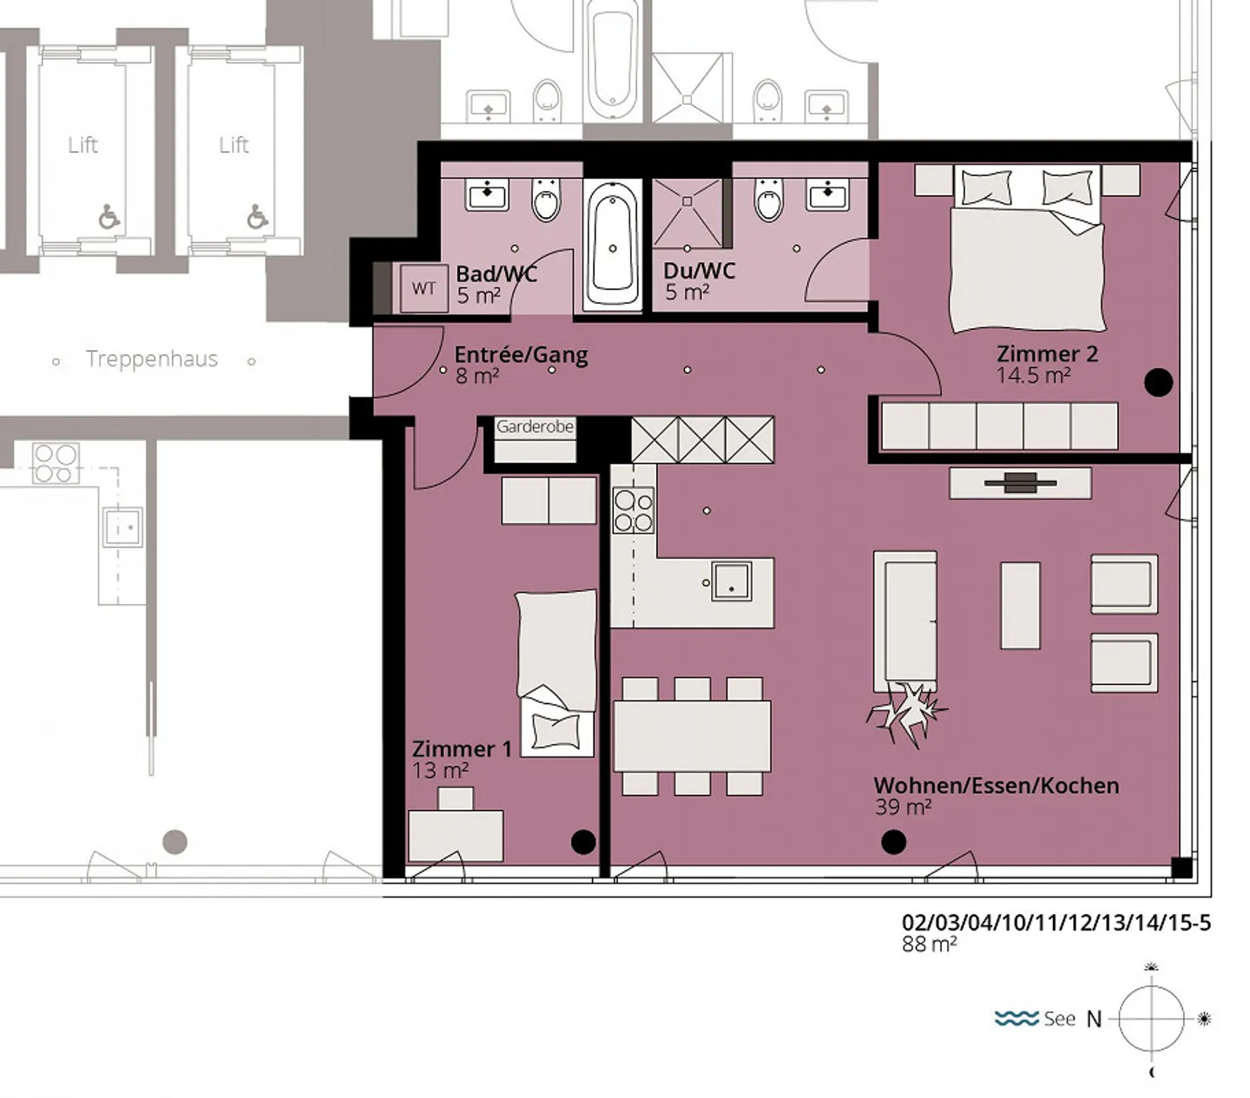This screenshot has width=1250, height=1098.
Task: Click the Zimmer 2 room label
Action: [1046, 353]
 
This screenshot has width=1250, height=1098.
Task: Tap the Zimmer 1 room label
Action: [461, 748]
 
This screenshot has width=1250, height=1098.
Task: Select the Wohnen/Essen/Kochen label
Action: [995, 786]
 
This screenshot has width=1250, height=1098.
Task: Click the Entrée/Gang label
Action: [521, 355]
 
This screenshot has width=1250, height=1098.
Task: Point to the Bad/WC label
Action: [496, 274]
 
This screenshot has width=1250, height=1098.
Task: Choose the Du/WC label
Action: [699, 271]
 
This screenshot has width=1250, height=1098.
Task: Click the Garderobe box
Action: [535, 438]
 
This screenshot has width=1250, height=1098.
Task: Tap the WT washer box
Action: [424, 288]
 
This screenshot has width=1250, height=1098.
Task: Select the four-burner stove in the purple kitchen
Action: [633, 510]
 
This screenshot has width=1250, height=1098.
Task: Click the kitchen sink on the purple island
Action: [731, 580]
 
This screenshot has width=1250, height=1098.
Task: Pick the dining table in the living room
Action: [692, 735]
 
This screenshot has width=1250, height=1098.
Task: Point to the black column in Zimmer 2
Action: [1158, 382]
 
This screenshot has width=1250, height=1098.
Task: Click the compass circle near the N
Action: [1151, 1018]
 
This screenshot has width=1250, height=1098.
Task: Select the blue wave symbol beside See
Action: [1016, 1018]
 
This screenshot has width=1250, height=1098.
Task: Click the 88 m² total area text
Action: [929, 944]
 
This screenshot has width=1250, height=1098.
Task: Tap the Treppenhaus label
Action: [152, 358]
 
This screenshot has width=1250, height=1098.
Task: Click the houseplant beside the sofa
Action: [905, 713]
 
